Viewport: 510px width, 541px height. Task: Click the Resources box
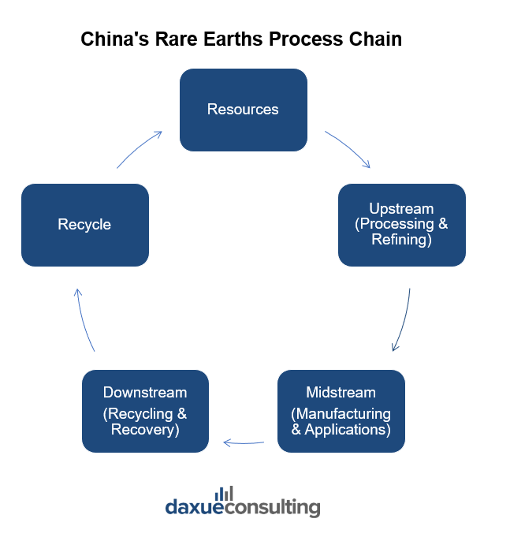(x=243, y=110)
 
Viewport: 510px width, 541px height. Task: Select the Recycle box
(x=84, y=225)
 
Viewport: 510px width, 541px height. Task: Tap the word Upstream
(x=401, y=209)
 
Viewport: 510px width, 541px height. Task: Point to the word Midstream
(x=341, y=392)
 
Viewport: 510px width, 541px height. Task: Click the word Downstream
(x=145, y=392)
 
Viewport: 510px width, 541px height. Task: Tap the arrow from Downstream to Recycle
(x=84, y=319)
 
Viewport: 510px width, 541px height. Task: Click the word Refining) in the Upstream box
(x=401, y=239)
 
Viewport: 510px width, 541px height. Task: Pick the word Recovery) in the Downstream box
(x=145, y=429)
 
